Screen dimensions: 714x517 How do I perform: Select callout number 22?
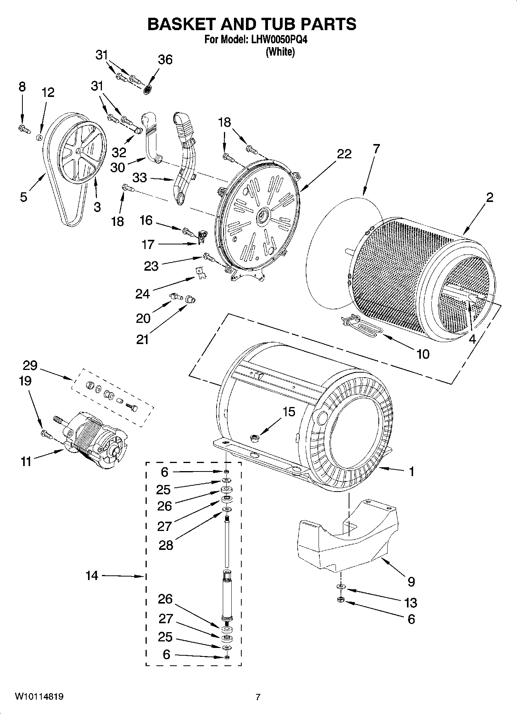[344, 154]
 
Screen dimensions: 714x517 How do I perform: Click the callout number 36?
[165, 60]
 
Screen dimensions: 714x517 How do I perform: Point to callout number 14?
[92, 576]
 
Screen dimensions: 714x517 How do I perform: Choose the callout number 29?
[30, 365]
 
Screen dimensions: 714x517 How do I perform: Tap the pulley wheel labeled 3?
[83, 152]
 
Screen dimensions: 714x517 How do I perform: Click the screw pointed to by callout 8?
[24, 128]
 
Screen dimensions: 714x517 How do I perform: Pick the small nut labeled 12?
[39, 137]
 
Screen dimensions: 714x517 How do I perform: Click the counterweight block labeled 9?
[347, 541]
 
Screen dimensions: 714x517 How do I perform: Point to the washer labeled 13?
[341, 587]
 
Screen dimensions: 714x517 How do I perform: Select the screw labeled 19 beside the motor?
[46, 434]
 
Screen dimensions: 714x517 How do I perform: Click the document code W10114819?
[39, 697]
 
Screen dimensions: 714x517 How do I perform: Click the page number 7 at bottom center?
[258, 697]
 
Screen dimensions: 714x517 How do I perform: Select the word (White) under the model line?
[280, 52]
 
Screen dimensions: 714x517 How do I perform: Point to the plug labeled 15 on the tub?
[254, 437]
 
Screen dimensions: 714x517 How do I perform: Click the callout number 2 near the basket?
[489, 198]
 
